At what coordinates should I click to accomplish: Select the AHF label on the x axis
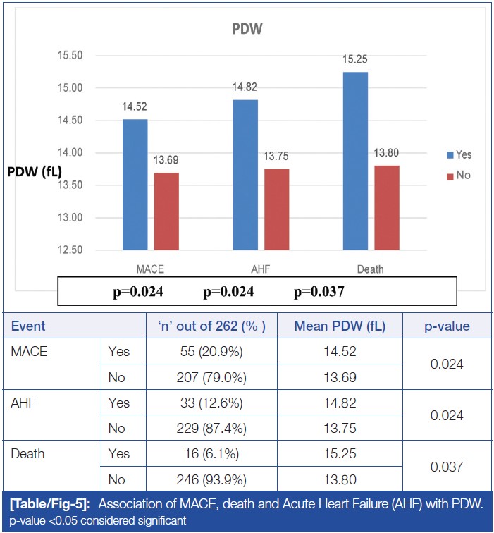(261, 269)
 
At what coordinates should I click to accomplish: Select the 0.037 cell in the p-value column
(447, 466)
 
